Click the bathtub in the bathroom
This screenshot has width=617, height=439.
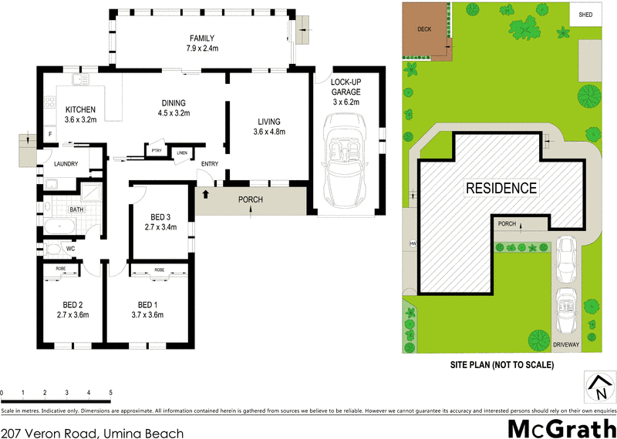point(59,227)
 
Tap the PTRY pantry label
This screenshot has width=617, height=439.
point(156,151)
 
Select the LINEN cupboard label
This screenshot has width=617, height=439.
point(181,152)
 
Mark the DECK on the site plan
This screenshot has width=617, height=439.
point(424,29)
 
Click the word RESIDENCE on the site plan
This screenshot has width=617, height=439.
point(501,187)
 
